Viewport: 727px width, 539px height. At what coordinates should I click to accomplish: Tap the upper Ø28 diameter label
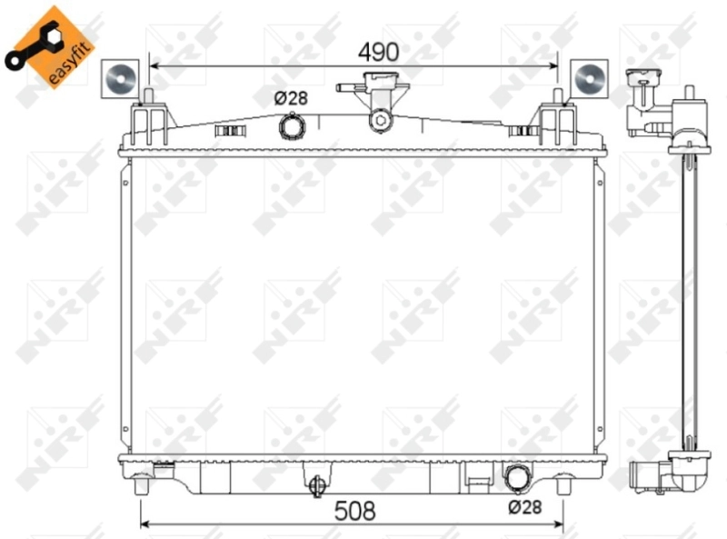point(291,98)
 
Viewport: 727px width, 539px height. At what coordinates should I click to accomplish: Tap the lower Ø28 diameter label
point(524,506)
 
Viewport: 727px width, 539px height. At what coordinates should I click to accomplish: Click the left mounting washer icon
point(117,78)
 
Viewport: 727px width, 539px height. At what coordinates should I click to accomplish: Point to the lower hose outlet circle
point(517,477)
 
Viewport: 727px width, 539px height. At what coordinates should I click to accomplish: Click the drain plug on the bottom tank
point(317,486)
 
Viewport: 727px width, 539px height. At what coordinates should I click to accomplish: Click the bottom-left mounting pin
point(141,485)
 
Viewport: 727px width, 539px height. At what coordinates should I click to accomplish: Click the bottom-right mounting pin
point(560,485)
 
